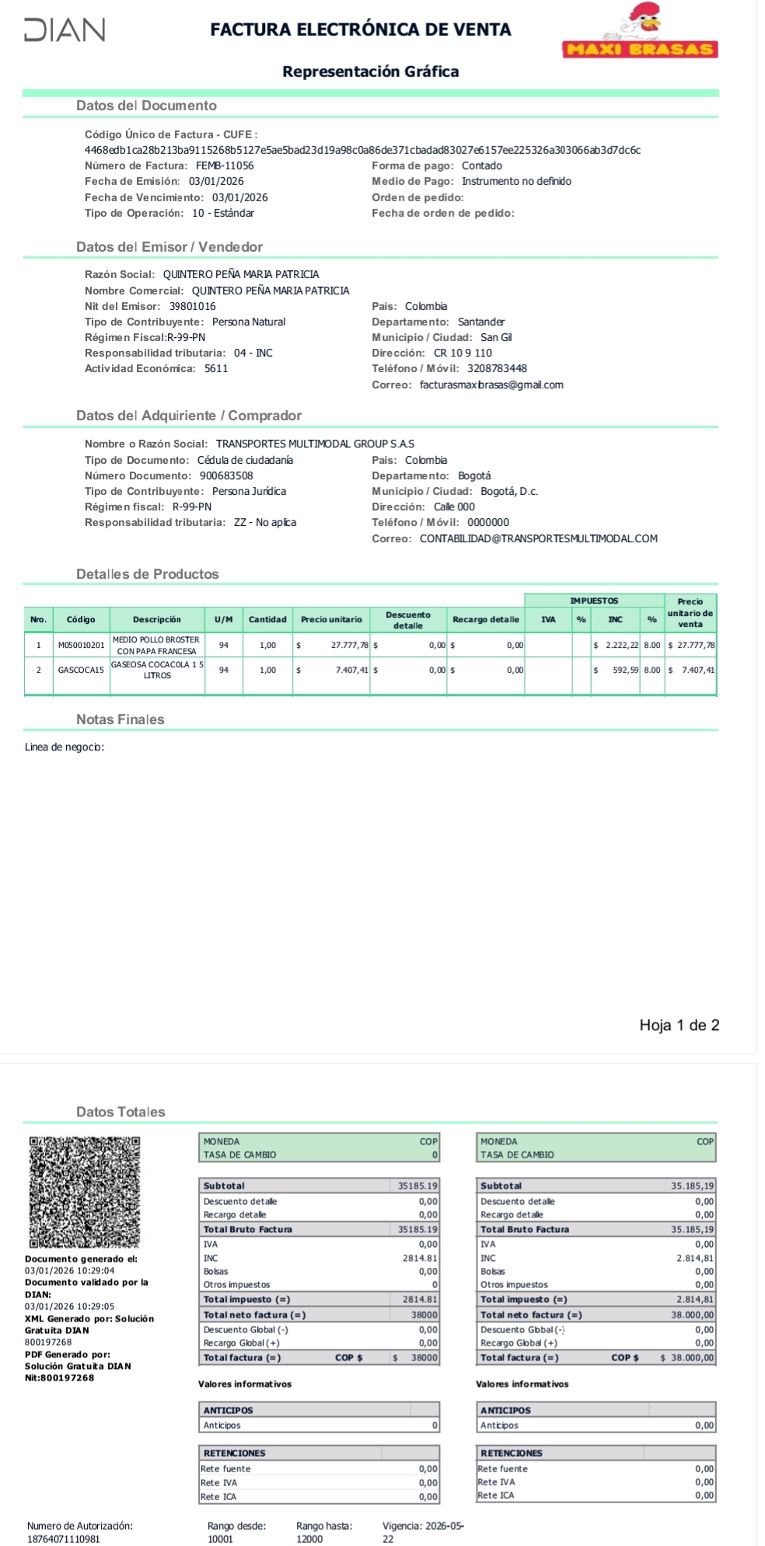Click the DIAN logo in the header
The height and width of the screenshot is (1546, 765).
[x=65, y=30]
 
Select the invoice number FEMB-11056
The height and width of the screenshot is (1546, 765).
[x=225, y=165]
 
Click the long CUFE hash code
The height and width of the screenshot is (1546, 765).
[x=362, y=150]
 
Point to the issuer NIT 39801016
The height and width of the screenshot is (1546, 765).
[x=193, y=306]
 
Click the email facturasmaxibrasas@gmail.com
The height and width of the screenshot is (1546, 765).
[x=491, y=385]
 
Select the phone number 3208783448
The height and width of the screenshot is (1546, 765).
[x=497, y=368]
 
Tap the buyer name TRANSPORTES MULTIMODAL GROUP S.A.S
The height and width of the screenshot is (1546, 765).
[x=315, y=444]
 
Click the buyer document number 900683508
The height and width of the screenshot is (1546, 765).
[x=226, y=475]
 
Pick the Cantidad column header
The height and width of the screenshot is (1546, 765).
[x=267, y=619]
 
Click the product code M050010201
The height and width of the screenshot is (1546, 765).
[x=81, y=645]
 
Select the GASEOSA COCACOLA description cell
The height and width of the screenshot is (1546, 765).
[x=157, y=670]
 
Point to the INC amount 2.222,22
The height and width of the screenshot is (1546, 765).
[x=622, y=645]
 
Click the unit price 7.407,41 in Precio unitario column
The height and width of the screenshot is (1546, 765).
[x=351, y=670]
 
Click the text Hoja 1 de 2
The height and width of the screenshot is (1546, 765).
[x=679, y=1025]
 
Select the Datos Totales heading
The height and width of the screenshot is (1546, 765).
[x=121, y=1112]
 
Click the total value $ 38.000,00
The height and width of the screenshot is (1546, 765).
[x=686, y=1357]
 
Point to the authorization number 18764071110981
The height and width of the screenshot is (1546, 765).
[x=64, y=1539]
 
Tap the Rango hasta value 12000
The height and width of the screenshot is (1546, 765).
[x=309, y=1539]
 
